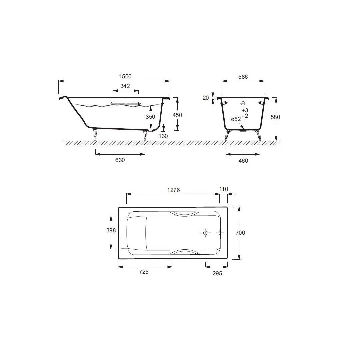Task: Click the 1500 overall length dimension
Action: [x=125, y=76]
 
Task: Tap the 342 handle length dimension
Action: [x=125, y=86]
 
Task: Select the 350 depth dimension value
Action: [x=150, y=117]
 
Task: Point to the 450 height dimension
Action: [x=177, y=115]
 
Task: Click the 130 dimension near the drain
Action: [x=163, y=136]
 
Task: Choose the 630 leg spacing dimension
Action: [x=120, y=160]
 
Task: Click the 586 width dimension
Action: [x=243, y=77]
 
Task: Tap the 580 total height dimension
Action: [x=275, y=117]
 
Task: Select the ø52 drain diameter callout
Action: [x=236, y=119]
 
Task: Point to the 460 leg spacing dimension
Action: [x=243, y=161]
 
